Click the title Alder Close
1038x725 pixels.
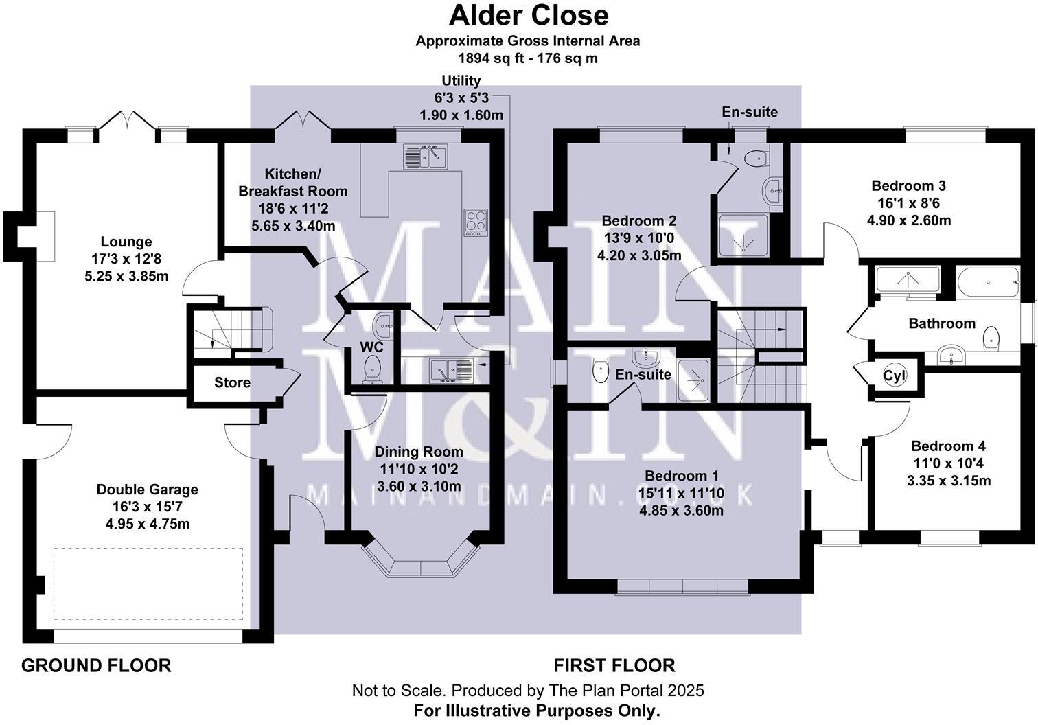[x=528, y=15]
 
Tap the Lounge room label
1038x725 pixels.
[x=126, y=242]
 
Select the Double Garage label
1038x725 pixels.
[x=147, y=490]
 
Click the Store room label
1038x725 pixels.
[x=232, y=382]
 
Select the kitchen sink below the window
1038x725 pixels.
[x=425, y=157]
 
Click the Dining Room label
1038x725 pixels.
[x=419, y=452]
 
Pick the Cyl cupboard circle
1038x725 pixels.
[x=895, y=376]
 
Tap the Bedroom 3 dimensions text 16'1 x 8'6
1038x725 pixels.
[x=909, y=203]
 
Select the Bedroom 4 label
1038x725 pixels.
[x=948, y=446]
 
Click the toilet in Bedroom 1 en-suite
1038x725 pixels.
[x=599, y=372]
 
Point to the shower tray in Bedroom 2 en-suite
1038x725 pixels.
[x=743, y=236]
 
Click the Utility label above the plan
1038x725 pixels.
[x=461, y=80]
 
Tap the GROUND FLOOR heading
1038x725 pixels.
[x=96, y=665]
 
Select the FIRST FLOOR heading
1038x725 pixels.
[x=614, y=665]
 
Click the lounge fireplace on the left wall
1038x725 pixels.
[x=43, y=236]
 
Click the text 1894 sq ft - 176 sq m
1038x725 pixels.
[x=528, y=58]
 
